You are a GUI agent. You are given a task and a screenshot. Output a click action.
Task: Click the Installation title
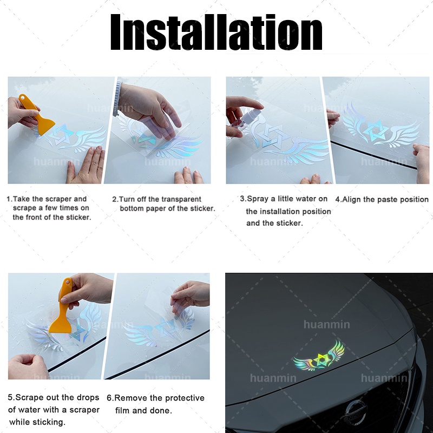216,32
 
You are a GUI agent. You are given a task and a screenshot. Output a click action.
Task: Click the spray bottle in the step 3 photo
243,119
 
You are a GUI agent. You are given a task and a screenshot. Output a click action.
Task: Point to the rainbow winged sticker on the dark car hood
319,357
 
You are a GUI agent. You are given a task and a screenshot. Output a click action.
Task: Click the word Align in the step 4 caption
351,199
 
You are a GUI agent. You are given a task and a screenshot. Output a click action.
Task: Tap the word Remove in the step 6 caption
131,398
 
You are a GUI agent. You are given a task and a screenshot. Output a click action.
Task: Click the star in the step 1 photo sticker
61,134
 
